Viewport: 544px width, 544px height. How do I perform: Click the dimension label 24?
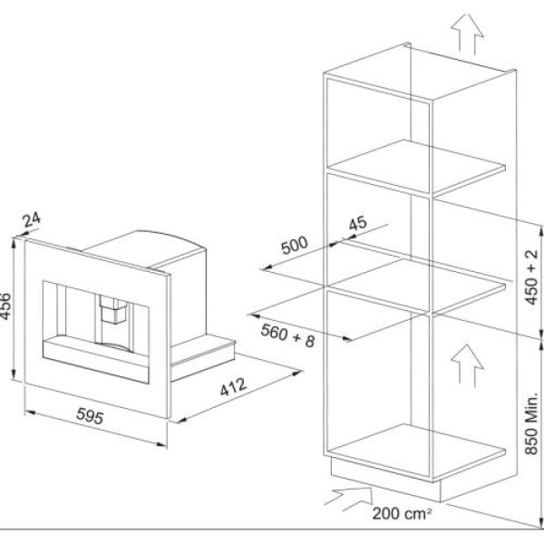[x=32, y=220]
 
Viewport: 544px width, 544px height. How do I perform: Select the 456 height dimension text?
[x=6, y=306]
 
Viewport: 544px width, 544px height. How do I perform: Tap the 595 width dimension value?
[x=90, y=415]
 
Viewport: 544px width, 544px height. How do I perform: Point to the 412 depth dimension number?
[x=234, y=386]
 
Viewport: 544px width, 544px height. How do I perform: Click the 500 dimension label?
[x=294, y=245]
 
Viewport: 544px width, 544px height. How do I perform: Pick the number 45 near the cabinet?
[x=357, y=223]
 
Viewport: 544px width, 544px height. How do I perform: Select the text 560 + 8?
[x=287, y=335]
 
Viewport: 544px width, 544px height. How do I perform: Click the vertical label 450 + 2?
[x=531, y=277]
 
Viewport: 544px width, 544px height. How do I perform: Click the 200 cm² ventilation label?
[x=402, y=514]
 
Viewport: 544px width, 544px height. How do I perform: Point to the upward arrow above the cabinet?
[x=467, y=34]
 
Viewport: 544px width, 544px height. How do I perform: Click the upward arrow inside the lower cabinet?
[x=467, y=365]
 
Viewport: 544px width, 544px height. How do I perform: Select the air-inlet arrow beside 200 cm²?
[x=349, y=499]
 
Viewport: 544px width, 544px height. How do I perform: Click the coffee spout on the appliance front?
[x=113, y=309]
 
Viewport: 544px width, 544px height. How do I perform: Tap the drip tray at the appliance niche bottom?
[x=96, y=359]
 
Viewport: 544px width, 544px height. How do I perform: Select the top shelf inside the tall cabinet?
[x=416, y=167]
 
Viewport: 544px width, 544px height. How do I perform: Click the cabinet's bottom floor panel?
[x=416, y=451]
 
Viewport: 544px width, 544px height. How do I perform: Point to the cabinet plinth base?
[x=385, y=479]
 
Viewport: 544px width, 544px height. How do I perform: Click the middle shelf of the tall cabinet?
[x=416, y=285]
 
